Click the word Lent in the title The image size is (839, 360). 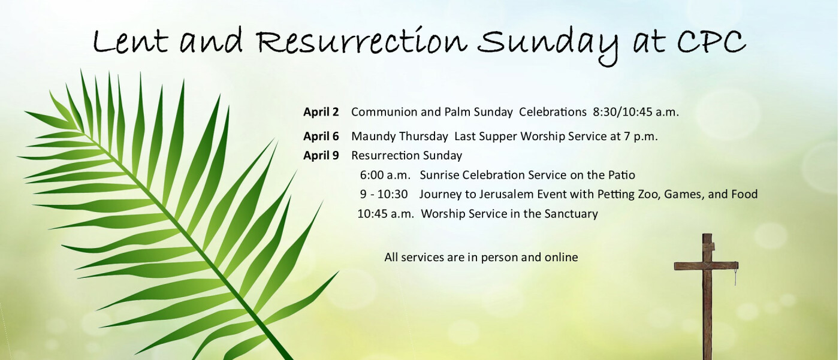pos(130,42)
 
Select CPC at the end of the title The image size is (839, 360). pos(711,42)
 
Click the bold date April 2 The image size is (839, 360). pos(321,112)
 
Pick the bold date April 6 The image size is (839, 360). pos(321,136)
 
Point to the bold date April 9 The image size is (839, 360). pos(321,155)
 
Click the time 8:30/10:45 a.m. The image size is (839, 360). pos(636,112)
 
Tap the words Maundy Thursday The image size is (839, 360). pos(400,136)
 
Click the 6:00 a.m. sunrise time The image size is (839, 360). pos(385,175)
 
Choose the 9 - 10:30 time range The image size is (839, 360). pos(384,194)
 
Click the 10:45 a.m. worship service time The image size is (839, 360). pos(386,214)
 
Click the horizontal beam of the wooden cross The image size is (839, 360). pos(707,266)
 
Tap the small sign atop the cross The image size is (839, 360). pos(709,247)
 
